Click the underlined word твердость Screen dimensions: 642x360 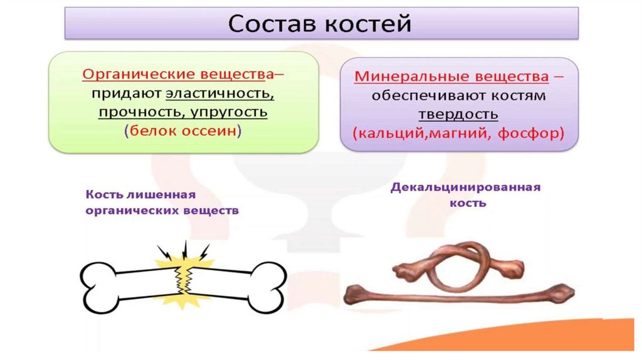(460, 115)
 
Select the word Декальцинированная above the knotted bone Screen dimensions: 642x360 (465, 188)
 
